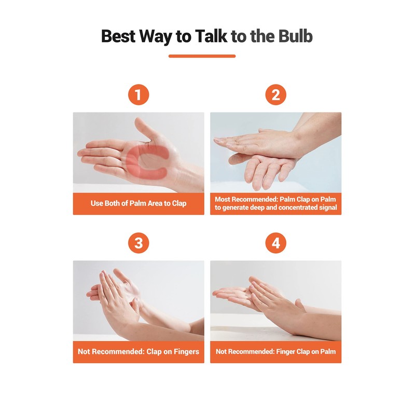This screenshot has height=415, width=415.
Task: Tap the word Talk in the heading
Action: pyautogui.click(x=211, y=36)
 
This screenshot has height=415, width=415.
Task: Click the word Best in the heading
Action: pyautogui.click(x=118, y=36)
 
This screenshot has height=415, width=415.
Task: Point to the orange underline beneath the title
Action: pyautogui.click(x=202, y=56)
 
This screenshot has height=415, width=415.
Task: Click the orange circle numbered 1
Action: pyautogui.click(x=139, y=94)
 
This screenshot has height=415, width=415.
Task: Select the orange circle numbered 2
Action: pyautogui.click(x=276, y=94)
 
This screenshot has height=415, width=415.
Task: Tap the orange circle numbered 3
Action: pyautogui.click(x=139, y=243)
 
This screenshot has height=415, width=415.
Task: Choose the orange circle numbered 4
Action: pyautogui.click(x=276, y=243)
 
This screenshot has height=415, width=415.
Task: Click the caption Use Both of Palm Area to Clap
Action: pyautogui.click(x=139, y=203)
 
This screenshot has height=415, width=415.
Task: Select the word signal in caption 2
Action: pyautogui.click(x=328, y=208)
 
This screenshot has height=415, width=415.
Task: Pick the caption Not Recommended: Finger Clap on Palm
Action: pyautogui.click(x=276, y=352)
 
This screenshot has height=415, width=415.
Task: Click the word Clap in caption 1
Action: pyautogui.click(x=179, y=203)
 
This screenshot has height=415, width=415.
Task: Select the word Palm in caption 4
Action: pyautogui.click(x=328, y=352)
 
